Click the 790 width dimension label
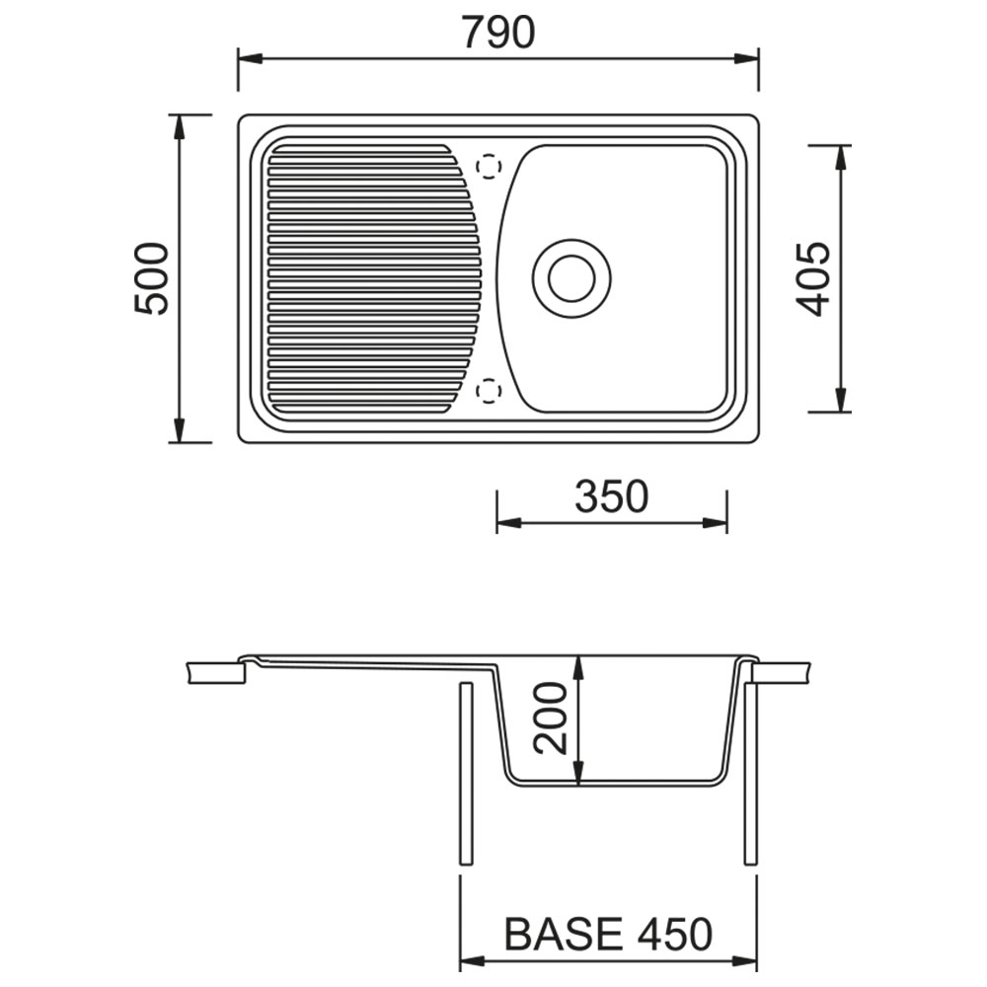pyautogui.click(x=497, y=33)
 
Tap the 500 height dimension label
pyautogui.click(x=152, y=278)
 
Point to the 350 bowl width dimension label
pyautogui.click(x=611, y=496)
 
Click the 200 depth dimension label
pyautogui.click(x=550, y=719)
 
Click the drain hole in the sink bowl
pyautogui.click(x=571, y=278)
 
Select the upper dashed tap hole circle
pyautogui.click(x=489, y=167)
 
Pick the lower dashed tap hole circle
pyautogui.click(x=489, y=391)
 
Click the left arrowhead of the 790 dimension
pyautogui.click(x=250, y=59)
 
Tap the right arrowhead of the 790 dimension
pyautogui.click(x=746, y=59)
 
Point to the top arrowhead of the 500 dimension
pyautogui.click(x=180, y=127)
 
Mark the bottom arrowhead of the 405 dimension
pyautogui.click(x=840, y=401)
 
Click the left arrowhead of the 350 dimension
pyautogui.click(x=509, y=522)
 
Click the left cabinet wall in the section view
pyautogui.click(x=467, y=773)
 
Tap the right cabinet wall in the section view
pyautogui.click(x=750, y=773)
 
